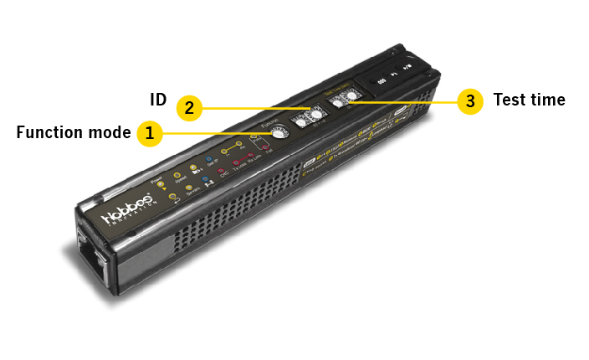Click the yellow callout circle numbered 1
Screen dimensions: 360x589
click(x=150, y=132)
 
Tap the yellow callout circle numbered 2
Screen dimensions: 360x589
click(x=189, y=107)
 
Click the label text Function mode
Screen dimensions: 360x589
click(x=74, y=132)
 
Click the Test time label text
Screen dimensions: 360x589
click(x=530, y=100)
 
